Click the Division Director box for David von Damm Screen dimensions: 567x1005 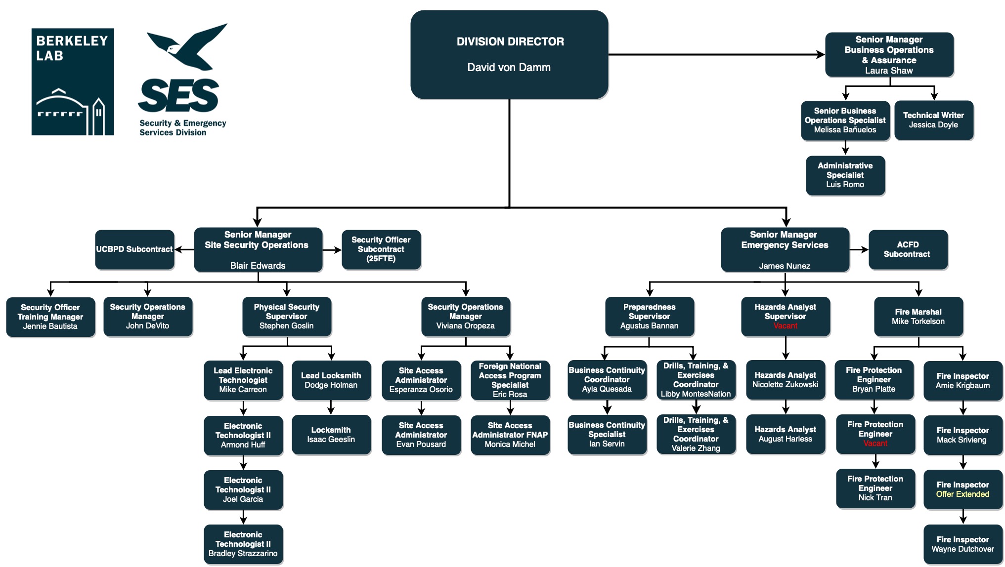[509, 54]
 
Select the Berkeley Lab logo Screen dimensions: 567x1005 [73, 81]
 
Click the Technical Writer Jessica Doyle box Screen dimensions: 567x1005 [933, 120]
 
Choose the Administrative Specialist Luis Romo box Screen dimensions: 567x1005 [845, 175]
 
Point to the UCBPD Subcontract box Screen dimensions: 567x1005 [134, 249]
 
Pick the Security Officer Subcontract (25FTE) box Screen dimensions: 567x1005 [381, 249]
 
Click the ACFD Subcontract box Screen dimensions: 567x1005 [908, 249]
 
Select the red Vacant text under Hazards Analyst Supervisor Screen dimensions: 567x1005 [785, 326]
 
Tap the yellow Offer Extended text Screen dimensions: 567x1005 [962, 494]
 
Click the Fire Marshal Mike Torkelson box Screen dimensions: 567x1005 [918, 317]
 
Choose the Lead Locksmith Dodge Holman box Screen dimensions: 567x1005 [331, 380]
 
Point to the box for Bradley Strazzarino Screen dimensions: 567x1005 [243, 544]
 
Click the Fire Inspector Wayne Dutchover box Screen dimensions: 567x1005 [962, 544]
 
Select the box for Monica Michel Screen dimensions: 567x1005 [510, 435]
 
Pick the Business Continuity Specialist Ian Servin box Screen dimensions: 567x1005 [607, 435]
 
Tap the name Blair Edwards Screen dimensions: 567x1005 [258, 266]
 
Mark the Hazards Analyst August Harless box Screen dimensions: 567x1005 [785, 434]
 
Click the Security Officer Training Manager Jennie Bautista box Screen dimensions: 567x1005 [50, 317]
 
